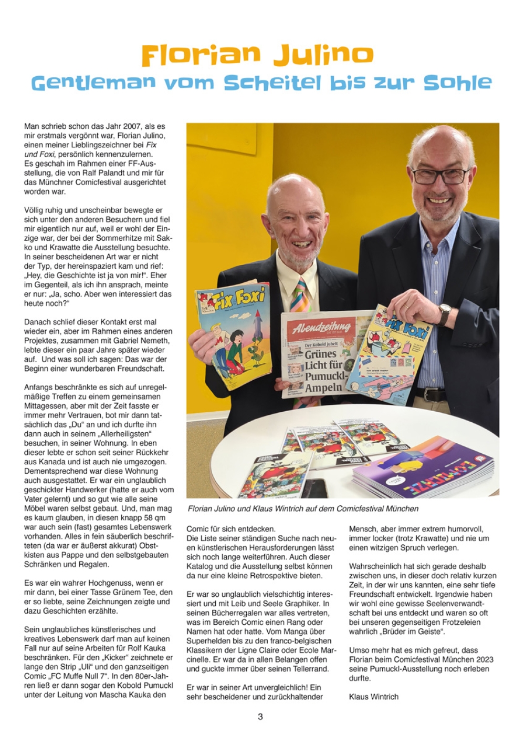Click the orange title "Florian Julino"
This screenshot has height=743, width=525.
click(257, 55)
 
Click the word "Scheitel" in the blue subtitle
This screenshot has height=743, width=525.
click(272, 83)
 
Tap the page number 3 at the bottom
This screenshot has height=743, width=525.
click(260, 717)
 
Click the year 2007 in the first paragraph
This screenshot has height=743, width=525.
click(132, 126)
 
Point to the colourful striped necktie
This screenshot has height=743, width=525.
click(300, 295)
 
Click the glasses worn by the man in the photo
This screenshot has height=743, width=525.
click(440, 175)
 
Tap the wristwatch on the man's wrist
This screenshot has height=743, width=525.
click(445, 314)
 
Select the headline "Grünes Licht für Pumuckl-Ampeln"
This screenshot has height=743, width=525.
click(323, 371)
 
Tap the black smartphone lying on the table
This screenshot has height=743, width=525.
click(315, 487)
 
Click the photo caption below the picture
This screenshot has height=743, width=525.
click(303, 508)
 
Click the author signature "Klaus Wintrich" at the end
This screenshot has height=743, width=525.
click(373, 697)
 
